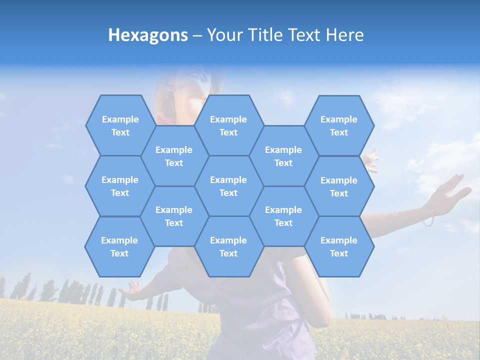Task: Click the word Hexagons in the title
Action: pos(148,35)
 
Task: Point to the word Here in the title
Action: pos(344,35)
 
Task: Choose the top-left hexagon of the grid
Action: pos(120,125)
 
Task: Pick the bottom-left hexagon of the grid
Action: pos(119,246)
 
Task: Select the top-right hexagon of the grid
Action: pos(339,125)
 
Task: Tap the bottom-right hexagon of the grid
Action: pos(339,246)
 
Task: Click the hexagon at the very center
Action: pos(228,186)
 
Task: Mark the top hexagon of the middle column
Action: pos(228,125)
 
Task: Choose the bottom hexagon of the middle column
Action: pos(228,246)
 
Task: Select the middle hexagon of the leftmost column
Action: pos(120,186)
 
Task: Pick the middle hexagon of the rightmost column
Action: pos(339,186)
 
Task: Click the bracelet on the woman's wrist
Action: pos(428,215)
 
